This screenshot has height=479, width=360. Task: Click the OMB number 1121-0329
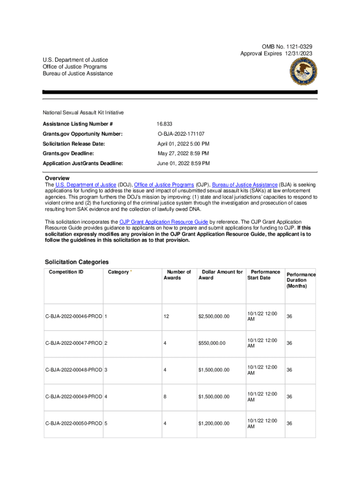(x=295, y=47)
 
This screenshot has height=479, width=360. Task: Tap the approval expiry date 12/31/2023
(x=297, y=54)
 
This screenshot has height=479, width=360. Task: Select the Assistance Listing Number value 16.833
(x=165, y=124)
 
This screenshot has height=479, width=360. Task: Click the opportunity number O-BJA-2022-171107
(x=181, y=134)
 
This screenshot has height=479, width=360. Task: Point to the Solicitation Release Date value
(x=183, y=144)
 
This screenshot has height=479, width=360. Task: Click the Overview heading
(x=57, y=178)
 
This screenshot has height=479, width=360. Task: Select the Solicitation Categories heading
(x=77, y=262)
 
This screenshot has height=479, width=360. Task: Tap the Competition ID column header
(x=66, y=272)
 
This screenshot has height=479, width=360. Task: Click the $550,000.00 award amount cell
(x=212, y=343)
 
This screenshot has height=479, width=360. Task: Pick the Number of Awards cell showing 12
(x=166, y=317)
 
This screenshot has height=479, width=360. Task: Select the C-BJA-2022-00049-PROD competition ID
(x=73, y=397)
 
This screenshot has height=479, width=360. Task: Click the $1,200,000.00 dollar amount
(x=214, y=424)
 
